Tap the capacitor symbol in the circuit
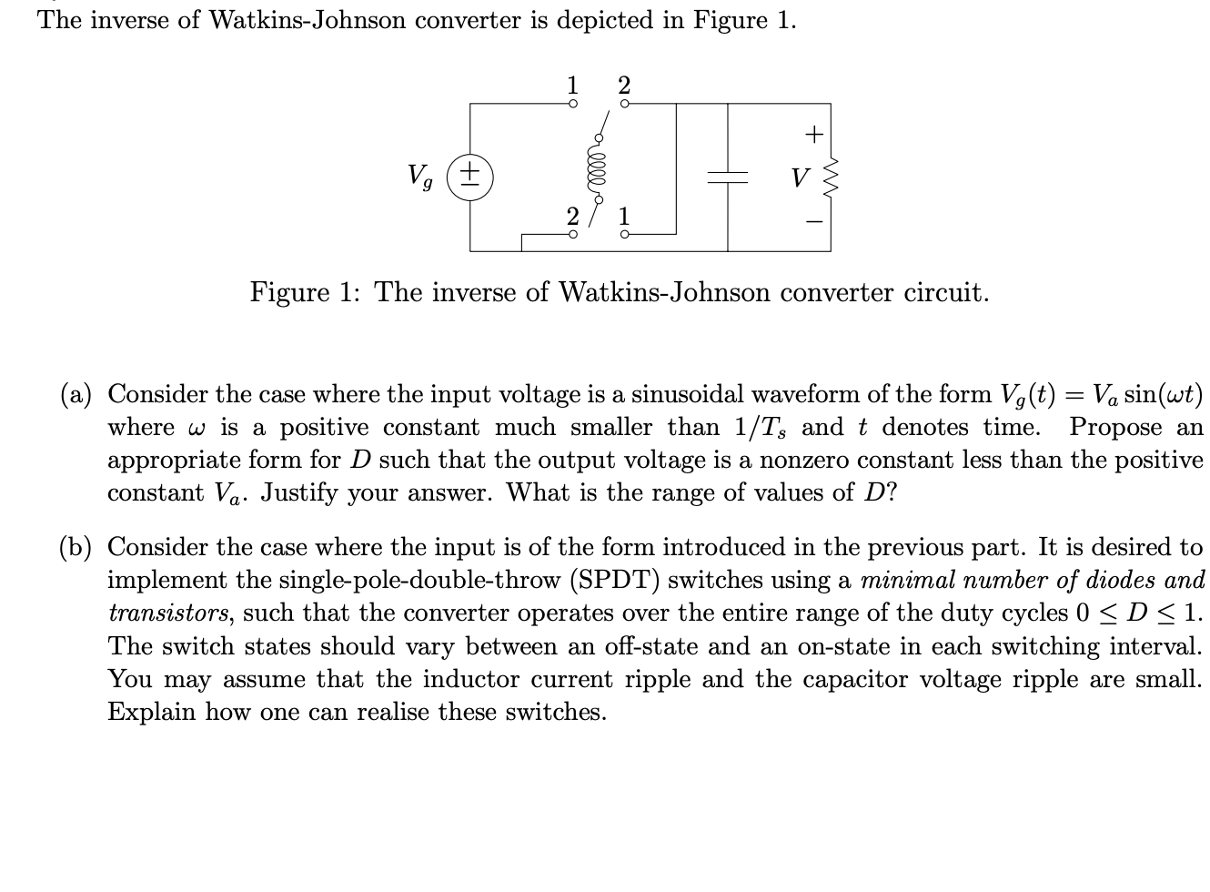point(727,177)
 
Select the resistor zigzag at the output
point(829,177)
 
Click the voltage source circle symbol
point(470,176)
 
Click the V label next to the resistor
point(799,177)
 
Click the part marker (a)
point(77,394)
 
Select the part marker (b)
point(77,547)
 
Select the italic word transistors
point(167,613)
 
